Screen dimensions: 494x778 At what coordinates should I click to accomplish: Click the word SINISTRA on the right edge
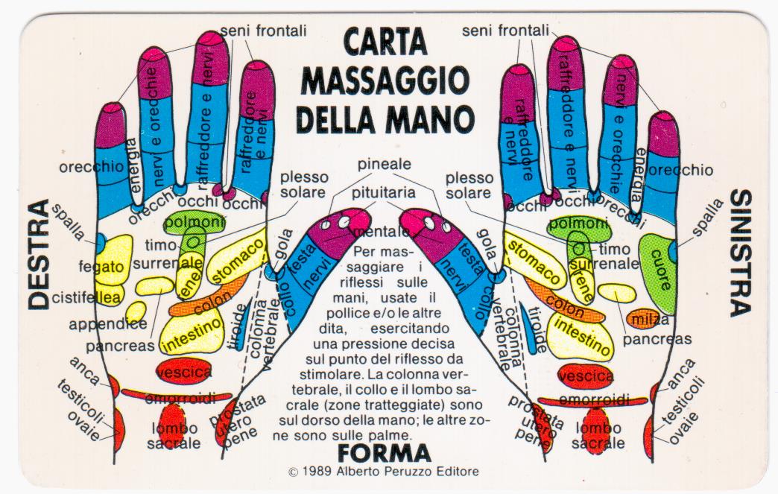(739, 253)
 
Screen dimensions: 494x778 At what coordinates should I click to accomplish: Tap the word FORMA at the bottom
(384, 452)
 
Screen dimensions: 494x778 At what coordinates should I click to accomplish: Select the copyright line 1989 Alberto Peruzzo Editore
(383, 472)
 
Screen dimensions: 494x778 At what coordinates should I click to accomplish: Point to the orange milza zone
(646, 319)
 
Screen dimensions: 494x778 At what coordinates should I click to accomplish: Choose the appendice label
(108, 325)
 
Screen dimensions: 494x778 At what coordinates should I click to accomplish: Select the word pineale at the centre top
(384, 163)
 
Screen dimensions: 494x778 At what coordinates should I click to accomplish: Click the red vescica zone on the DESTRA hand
(183, 370)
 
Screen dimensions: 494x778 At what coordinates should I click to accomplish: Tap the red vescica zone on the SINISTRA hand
(586, 376)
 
